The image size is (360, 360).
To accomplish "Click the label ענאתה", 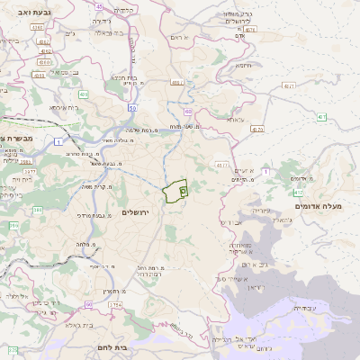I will coord(235,119).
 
